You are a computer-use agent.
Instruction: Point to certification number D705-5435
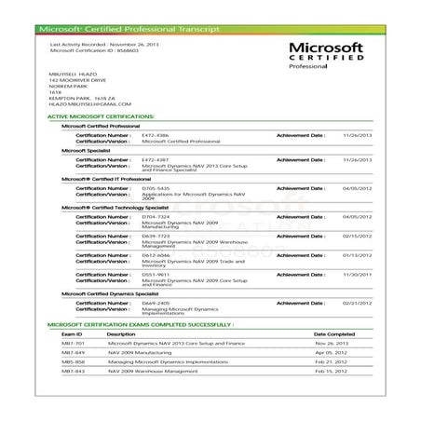(155, 187)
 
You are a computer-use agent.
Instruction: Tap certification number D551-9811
(155, 274)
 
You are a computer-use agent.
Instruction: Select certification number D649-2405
(155, 303)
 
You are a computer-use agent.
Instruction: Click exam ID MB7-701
(74, 342)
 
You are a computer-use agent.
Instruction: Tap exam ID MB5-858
(74, 361)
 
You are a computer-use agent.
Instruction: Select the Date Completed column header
(333, 333)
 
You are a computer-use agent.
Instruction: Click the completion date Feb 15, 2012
(331, 371)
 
